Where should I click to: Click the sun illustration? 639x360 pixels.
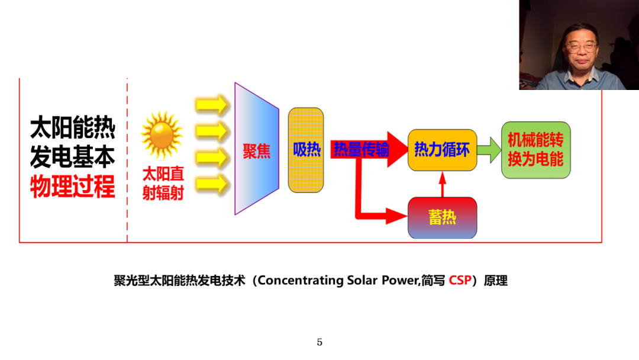[162, 136]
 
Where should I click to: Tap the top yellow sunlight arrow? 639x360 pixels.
[212, 105]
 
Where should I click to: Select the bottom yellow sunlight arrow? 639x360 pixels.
[212, 184]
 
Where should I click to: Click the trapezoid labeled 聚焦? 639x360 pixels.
[257, 149]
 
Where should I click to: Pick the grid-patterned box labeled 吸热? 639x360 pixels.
[306, 150]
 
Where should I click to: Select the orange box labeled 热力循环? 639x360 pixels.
[442, 150]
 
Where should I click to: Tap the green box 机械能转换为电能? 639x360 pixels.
[536, 150]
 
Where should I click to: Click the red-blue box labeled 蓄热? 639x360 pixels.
[442, 218]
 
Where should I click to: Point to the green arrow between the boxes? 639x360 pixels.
[489, 150]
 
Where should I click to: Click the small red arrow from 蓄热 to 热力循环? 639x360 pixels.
[443, 184]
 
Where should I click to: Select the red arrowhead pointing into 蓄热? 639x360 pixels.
[396, 216]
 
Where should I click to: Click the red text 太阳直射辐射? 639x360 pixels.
[163, 184]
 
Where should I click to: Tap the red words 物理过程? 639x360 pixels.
[73, 187]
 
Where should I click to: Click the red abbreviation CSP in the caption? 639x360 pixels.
[460, 281]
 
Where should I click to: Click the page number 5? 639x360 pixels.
[319, 342]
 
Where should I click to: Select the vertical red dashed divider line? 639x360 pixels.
[127, 160]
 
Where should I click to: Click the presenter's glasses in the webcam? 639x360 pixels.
[581, 47]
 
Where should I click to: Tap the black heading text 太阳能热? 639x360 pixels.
[73, 128]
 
